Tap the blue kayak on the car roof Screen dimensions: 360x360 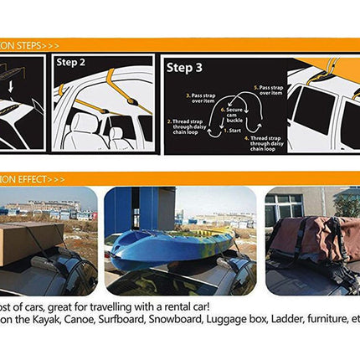[167, 242]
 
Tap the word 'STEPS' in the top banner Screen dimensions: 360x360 [23, 44]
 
